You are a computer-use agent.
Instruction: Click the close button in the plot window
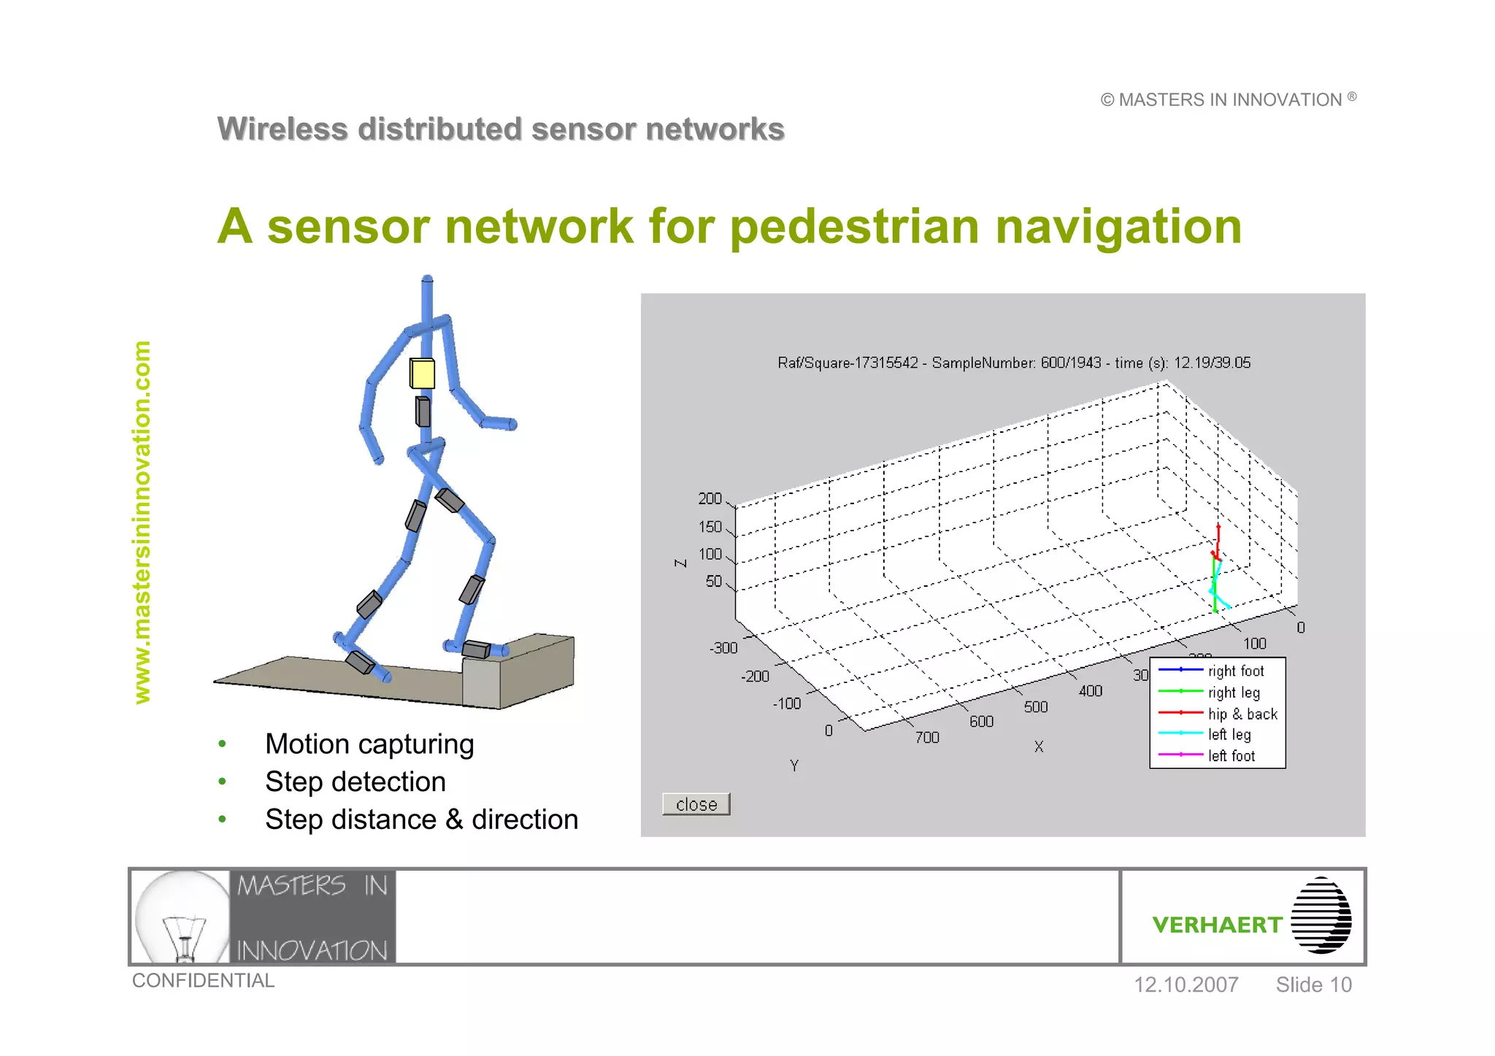click(x=696, y=804)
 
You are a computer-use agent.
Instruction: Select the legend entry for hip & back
click(x=1242, y=714)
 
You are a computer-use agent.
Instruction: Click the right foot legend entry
click(x=1235, y=671)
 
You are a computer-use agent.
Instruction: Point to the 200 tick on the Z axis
click(x=710, y=498)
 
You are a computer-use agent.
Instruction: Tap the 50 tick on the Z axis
click(x=713, y=582)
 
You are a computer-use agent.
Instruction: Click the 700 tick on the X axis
click(x=927, y=738)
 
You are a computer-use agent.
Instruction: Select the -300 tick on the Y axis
click(x=723, y=648)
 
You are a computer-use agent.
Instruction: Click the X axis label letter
click(x=1039, y=747)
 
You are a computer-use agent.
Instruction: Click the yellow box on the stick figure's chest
click(x=422, y=373)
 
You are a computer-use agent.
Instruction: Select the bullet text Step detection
click(x=356, y=782)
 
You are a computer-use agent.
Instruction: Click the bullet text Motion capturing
click(x=369, y=744)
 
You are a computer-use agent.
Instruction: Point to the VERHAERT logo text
click(x=1217, y=925)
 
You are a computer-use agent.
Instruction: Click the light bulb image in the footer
click(x=182, y=917)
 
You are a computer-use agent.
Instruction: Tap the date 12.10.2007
click(x=1185, y=984)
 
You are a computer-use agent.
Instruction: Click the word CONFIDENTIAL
click(x=203, y=980)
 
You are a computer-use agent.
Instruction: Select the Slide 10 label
click(x=1313, y=984)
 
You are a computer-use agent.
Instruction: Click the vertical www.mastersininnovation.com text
click(x=142, y=522)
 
